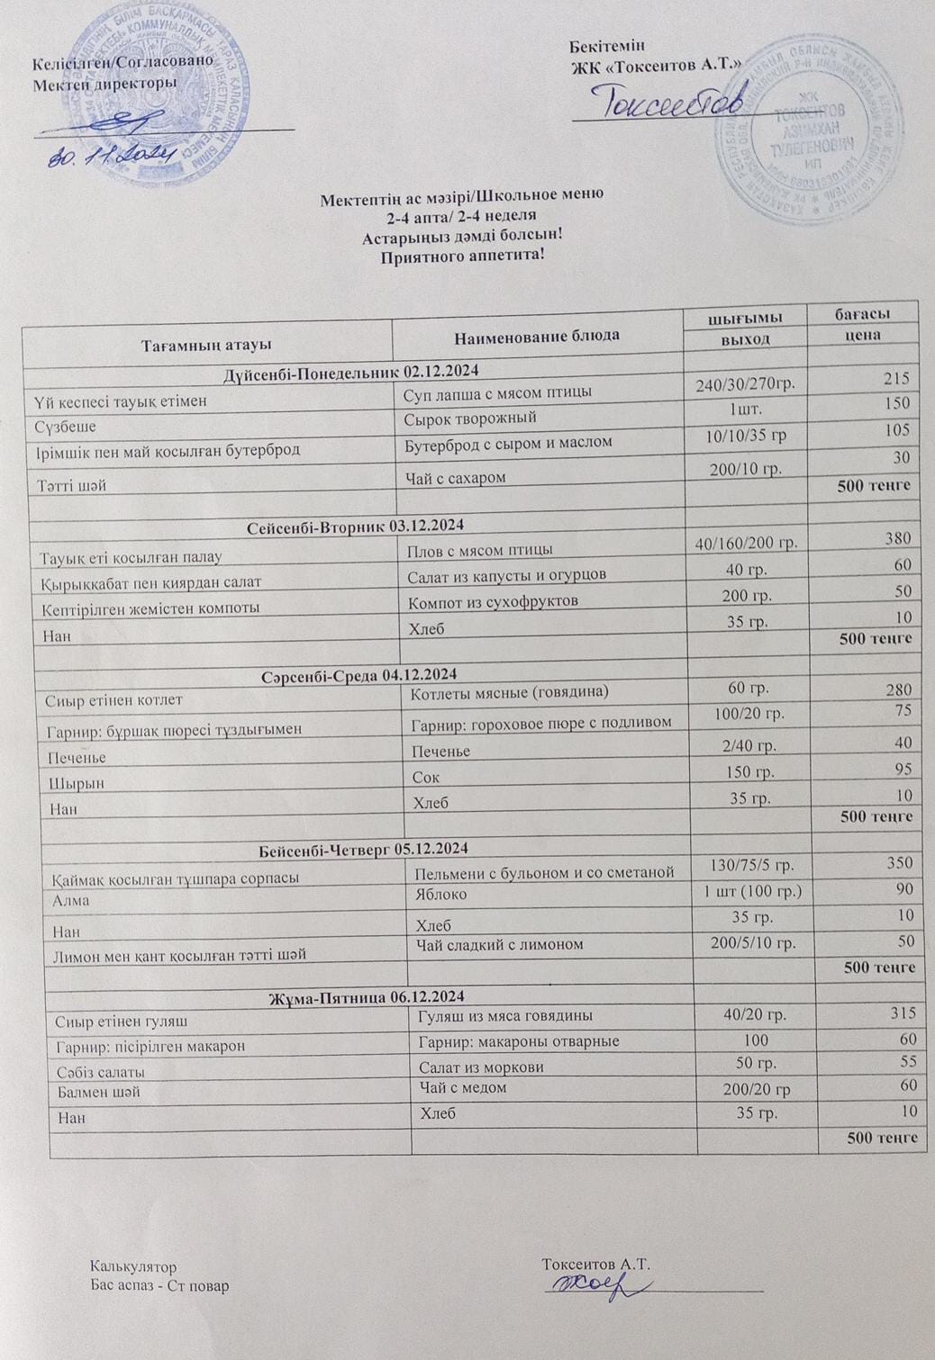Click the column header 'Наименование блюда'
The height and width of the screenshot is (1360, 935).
pos(537,336)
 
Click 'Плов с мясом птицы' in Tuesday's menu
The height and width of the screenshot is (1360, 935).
pos(480,549)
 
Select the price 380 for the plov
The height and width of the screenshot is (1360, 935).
pos(897,538)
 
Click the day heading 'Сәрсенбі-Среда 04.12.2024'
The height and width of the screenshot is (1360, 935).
pos(359,674)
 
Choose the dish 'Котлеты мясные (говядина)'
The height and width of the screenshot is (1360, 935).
pos(510,692)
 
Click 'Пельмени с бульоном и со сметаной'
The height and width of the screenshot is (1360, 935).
pos(544,872)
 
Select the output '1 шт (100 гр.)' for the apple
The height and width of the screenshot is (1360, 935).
pos(752,892)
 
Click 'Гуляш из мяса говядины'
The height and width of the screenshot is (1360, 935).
pos(505,1015)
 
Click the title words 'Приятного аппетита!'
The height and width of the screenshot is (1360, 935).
pos(463,256)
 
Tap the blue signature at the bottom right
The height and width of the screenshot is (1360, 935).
pos(595,1285)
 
